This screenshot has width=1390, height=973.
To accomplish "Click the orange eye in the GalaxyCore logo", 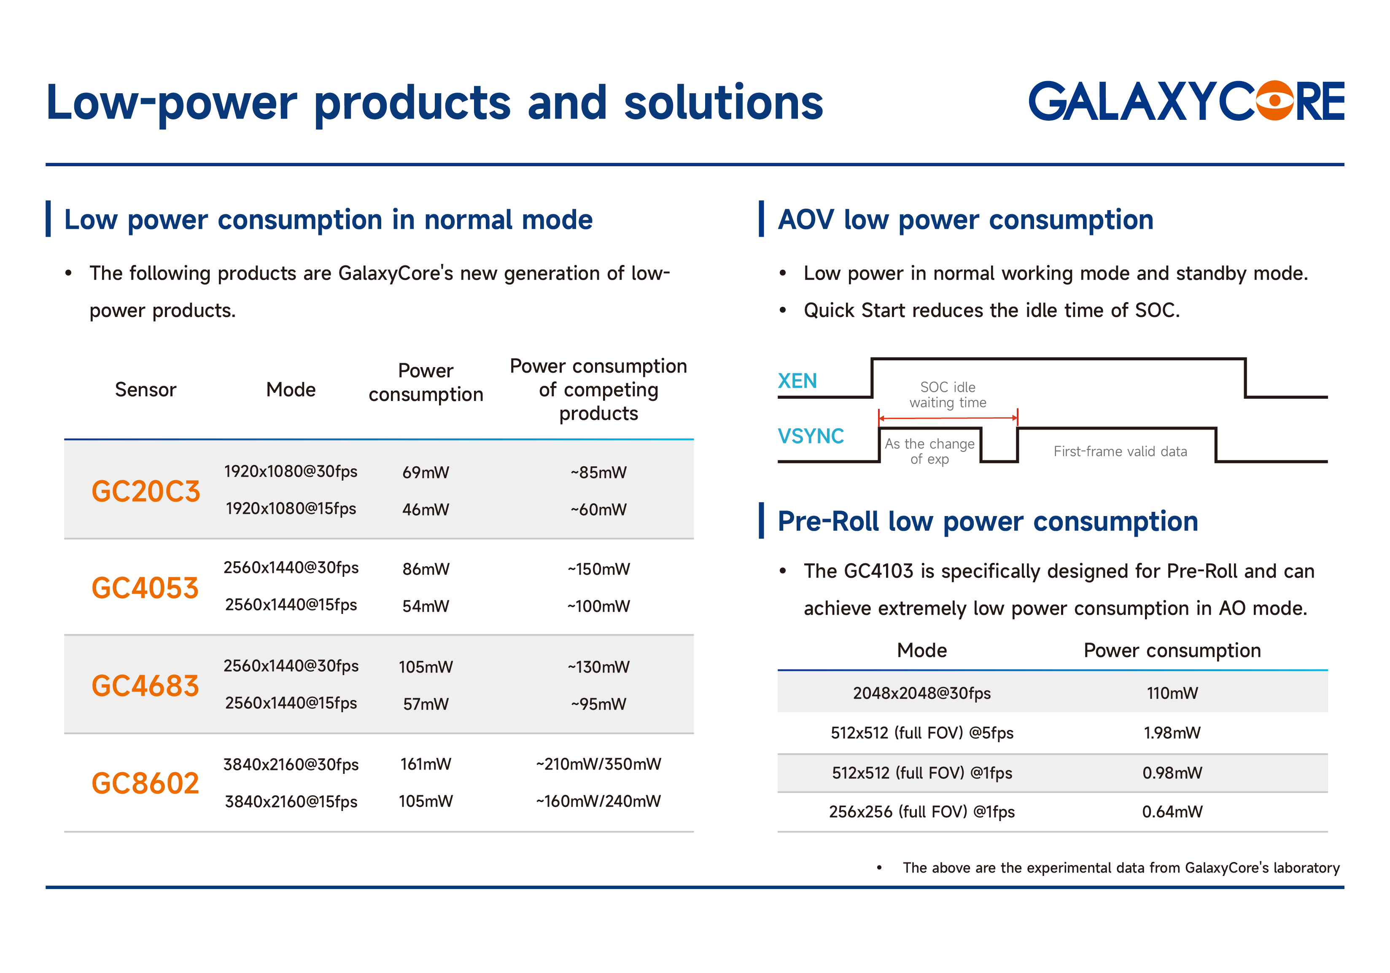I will (1274, 100).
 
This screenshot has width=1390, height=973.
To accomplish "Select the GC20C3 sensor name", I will (145, 491).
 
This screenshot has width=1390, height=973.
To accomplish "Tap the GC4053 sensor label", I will (145, 588).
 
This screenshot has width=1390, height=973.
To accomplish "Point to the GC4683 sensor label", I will (145, 686).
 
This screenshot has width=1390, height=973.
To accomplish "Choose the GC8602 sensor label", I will (145, 784).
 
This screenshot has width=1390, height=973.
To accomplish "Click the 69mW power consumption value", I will (426, 473).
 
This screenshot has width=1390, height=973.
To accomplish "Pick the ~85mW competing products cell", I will (598, 473).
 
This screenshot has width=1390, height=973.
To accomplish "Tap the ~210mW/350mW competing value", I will (598, 765).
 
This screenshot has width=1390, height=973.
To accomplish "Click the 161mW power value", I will (426, 765).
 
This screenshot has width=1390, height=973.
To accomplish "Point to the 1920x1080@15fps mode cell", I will (291, 509).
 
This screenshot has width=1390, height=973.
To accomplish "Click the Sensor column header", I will (145, 389).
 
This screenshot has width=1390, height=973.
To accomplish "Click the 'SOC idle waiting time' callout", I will (948, 395).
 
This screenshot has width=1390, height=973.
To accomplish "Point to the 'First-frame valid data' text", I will (1120, 451).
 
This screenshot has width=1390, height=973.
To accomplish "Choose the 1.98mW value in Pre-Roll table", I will (1172, 733).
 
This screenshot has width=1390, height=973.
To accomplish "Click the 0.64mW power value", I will (1172, 812).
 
